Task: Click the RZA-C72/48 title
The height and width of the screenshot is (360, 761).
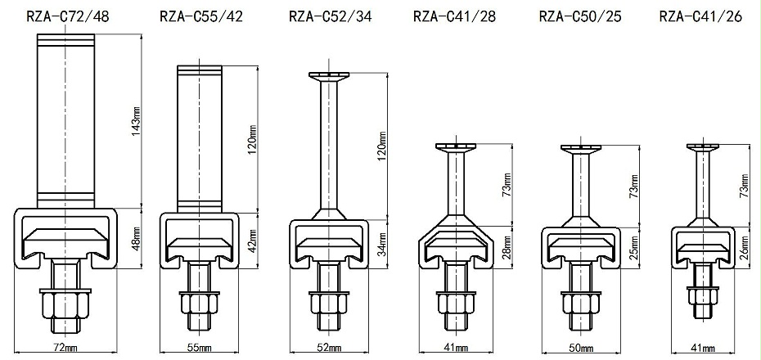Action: (68, 17)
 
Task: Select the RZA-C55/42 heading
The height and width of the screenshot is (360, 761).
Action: (201, 17)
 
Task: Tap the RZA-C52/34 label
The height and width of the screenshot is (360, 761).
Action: (331, 17)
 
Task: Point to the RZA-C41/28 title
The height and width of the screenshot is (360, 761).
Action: (455, 17)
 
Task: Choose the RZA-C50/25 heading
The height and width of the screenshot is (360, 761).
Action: (580, 17)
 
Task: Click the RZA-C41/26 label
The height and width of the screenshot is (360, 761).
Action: (700, 17)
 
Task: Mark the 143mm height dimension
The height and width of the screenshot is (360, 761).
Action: (137, 120)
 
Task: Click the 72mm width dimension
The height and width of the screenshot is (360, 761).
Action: (65, 348)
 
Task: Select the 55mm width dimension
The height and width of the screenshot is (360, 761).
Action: (199, 348)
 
